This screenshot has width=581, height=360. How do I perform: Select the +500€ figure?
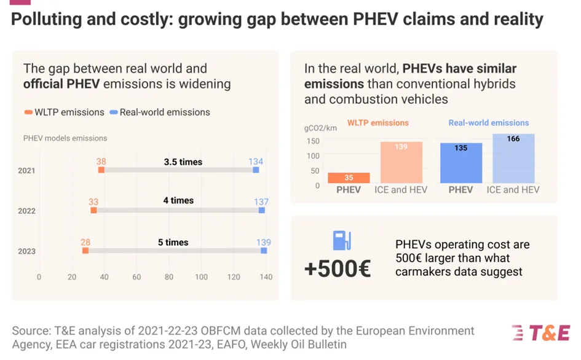338,268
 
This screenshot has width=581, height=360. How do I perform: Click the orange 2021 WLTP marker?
101,170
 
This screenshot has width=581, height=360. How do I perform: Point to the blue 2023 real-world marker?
264,251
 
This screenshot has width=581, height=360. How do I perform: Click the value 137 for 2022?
261,202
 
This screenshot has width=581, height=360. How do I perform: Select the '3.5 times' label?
183,162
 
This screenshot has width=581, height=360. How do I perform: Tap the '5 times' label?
173,242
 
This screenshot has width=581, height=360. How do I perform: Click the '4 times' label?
178,201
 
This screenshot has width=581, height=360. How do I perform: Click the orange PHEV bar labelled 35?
349,178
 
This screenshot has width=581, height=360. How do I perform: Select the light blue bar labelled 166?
513,158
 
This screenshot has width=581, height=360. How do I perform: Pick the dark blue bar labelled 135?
461,163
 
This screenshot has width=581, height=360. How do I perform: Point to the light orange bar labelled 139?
400,163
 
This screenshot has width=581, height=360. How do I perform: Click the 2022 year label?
27,211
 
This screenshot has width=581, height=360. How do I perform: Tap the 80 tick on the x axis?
168,277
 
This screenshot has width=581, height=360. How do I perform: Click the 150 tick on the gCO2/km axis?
313,141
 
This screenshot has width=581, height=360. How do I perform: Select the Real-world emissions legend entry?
159,112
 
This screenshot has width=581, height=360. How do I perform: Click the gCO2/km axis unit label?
320,128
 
